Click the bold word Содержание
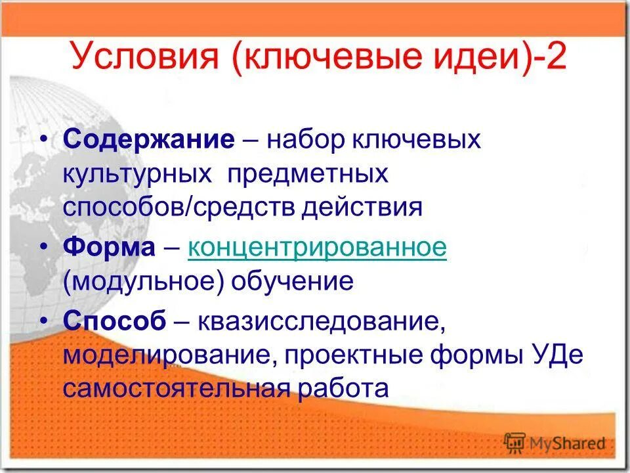(x=149, y=140)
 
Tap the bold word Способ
(x=115, y=323)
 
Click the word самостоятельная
(x=176, y=388)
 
